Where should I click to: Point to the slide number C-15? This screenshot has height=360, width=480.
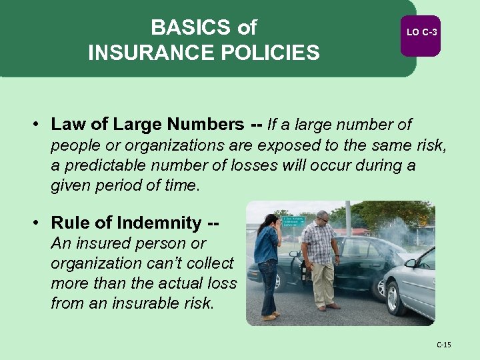(443, 345)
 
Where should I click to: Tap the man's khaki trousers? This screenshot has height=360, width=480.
(323, 283)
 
